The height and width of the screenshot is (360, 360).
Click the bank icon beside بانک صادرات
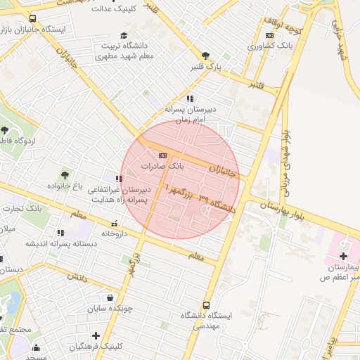click(x=163, y=155)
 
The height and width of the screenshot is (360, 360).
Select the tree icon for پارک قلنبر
click(x=205, y=56)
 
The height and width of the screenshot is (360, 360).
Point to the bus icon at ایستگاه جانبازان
click(x=33, y=19)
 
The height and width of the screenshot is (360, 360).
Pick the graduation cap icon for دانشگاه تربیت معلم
click(x=124, y=35)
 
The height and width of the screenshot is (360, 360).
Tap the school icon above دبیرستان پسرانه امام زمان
click(x=189, y=98)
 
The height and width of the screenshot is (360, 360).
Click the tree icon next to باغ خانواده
click(x=65, y=174)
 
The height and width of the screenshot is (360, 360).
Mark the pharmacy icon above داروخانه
click(x=114, y=224)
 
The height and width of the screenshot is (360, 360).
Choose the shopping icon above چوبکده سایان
click(x=110, y=297)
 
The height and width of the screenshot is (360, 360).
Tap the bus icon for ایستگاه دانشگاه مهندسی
click(x=206, y=305)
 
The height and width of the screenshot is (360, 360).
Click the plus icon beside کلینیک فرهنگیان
click(x=96, y=335)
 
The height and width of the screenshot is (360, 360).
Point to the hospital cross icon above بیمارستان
click(x=344, y=257)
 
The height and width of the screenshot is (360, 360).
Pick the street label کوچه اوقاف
click(x=287, y=25)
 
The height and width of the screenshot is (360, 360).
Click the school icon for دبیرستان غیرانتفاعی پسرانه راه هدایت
click(x=119, y=179)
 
